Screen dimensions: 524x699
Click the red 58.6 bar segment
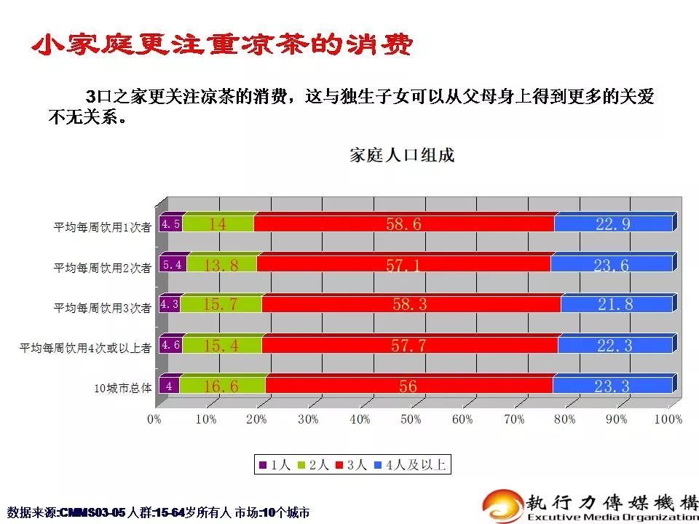point(403,224)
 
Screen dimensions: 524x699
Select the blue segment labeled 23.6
point(611,265)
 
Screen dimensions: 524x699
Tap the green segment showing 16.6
point(221,386)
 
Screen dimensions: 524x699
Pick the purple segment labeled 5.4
point(173,265)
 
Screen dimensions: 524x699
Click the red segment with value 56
point(408,386)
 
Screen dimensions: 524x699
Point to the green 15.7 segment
point(221,305)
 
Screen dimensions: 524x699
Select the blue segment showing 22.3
point(614,346)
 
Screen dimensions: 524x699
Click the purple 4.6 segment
point(170,346)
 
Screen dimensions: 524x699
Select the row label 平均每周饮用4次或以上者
point(85,348)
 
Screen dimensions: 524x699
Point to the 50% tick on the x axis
point(411,419)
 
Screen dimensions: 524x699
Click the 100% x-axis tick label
point(668,419)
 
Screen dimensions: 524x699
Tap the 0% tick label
point(154,419)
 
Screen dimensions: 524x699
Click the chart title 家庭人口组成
point(401,156)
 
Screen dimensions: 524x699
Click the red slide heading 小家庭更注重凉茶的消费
point(222,45)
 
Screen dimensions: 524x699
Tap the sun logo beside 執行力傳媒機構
point(502,503)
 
